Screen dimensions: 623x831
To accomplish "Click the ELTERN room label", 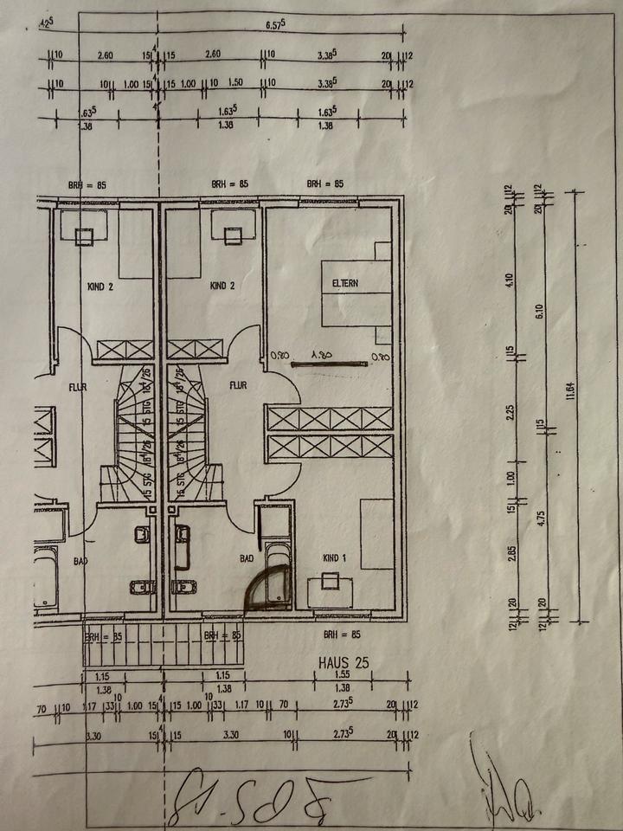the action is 344,283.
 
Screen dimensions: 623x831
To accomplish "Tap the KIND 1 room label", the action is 333,558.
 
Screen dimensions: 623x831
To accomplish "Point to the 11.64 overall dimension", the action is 572,391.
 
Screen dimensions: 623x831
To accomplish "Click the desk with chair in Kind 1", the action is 330,589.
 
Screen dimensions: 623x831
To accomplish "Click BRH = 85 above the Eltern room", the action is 325,184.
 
